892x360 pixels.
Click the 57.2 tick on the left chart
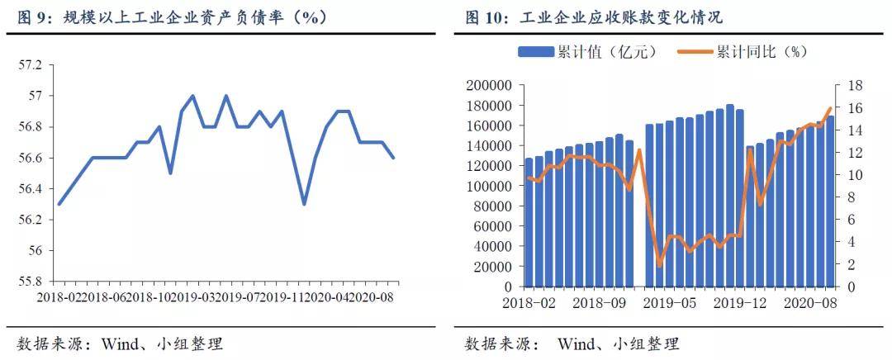(31, 65)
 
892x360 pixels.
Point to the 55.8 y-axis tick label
(31, 282)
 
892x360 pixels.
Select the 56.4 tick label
(31, 189)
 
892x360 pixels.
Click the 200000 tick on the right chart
(488, 85)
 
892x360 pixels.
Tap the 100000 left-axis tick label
(488, 186)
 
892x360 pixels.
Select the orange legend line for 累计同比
(695, 52)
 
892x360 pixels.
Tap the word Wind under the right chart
(576, 344)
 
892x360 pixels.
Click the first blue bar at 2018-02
(529, 222)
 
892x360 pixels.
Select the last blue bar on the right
(830, 201)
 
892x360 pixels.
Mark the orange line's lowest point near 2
(659, 266)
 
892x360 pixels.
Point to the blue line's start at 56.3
(59, 204)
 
